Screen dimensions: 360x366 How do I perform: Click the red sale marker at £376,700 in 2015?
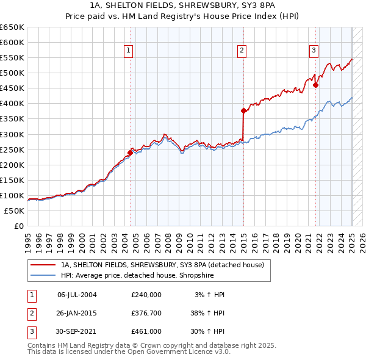tap(243, 110)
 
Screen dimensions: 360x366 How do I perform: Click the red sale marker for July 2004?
tap(130, 153)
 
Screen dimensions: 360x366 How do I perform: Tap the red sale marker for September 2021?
tap(316, 85)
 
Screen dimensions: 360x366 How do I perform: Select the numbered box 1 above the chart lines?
tap(129, 51)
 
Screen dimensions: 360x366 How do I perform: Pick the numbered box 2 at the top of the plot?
tap(242, 51)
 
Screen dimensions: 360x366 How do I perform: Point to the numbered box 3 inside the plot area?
tap(314, 51)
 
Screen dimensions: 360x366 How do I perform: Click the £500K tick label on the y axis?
tap(12, 73)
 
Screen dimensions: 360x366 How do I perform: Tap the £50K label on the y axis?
tap(14, 211)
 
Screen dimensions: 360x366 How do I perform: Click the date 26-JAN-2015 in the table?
tap(77, 313)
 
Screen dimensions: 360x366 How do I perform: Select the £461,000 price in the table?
tap(146, 331)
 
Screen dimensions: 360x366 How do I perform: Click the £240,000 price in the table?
tap(146, 295)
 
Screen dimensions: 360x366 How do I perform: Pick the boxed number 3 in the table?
tap(31, 331)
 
